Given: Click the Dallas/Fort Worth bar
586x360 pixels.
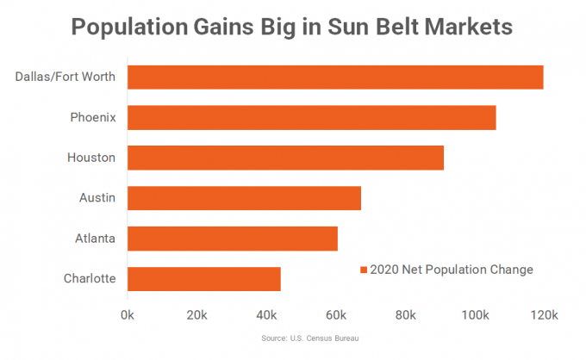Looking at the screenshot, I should click(x=335, y=77).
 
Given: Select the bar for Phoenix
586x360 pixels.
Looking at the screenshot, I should click(x=312, y=117).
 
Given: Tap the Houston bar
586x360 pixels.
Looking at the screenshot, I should click(x=285, y=158).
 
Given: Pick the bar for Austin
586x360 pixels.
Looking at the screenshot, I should click(x=244, y=198).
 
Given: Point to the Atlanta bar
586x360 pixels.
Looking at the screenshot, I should click(x=233, y=238).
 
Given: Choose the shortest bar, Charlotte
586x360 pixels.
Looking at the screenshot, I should click(x=204, y=278).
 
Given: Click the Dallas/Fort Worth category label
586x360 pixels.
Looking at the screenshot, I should click(x=65, y=77).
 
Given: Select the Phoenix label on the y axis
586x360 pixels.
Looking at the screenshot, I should click(x=93, y=117).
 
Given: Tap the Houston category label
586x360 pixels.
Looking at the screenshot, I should click(x=91, y=158).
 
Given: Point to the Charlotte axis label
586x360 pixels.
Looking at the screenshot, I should click(x=90, y=278).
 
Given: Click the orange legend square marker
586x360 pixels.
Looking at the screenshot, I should click(x=363, y=270).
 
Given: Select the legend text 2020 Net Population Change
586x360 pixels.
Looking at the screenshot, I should click(x=452, y=270).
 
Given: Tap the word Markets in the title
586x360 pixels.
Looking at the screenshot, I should click(x=466, y=27).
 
